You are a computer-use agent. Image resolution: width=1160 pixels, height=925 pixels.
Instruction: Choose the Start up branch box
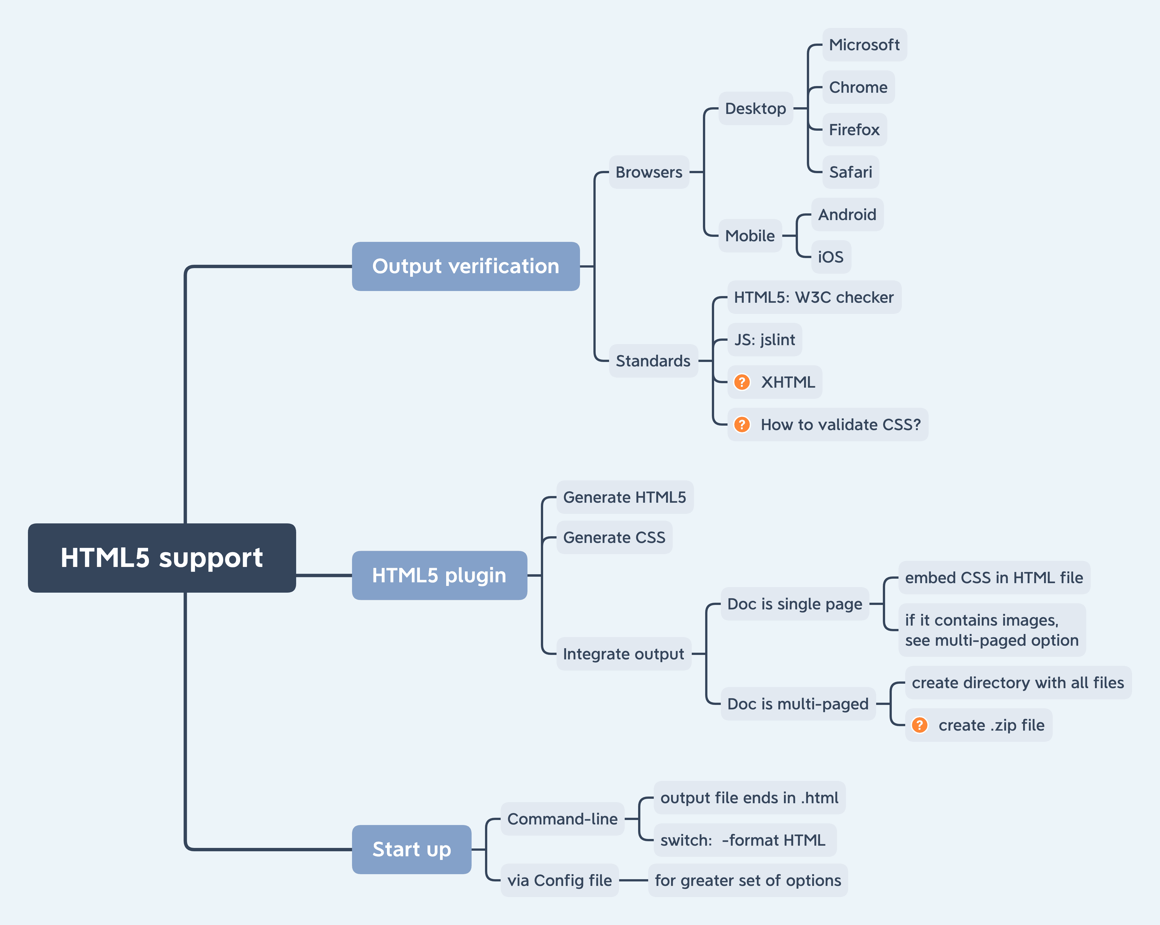412,849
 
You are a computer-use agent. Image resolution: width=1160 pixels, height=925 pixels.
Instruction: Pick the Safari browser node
851,172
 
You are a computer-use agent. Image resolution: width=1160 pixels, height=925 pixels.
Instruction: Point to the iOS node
831,257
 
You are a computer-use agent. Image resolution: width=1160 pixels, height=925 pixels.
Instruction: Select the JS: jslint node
765,340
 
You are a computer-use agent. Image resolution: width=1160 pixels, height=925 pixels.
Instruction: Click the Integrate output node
624,654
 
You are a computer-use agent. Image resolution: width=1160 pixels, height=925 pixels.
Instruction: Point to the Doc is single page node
795,604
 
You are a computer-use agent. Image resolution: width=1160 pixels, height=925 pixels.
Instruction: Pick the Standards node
653,361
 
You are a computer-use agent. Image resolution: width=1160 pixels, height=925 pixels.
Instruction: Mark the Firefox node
854,130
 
